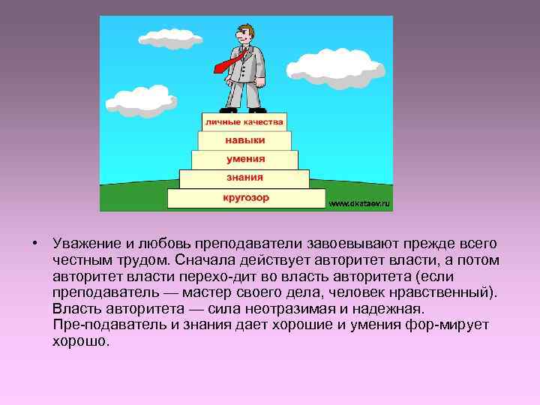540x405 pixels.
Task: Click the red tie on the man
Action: click(x=228, y=61)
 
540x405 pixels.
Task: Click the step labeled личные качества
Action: click(x=244, y=121)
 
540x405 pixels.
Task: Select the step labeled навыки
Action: click(x=244, y=140)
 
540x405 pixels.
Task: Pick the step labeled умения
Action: click(x=244, y=159)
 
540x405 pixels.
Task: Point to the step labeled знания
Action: click(x=244, y=178)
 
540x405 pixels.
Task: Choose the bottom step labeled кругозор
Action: click(x=245, y=199)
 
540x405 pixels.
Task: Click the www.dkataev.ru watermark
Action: click(x=360, y=203)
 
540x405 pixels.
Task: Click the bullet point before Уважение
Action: click(x=34, y=244)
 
